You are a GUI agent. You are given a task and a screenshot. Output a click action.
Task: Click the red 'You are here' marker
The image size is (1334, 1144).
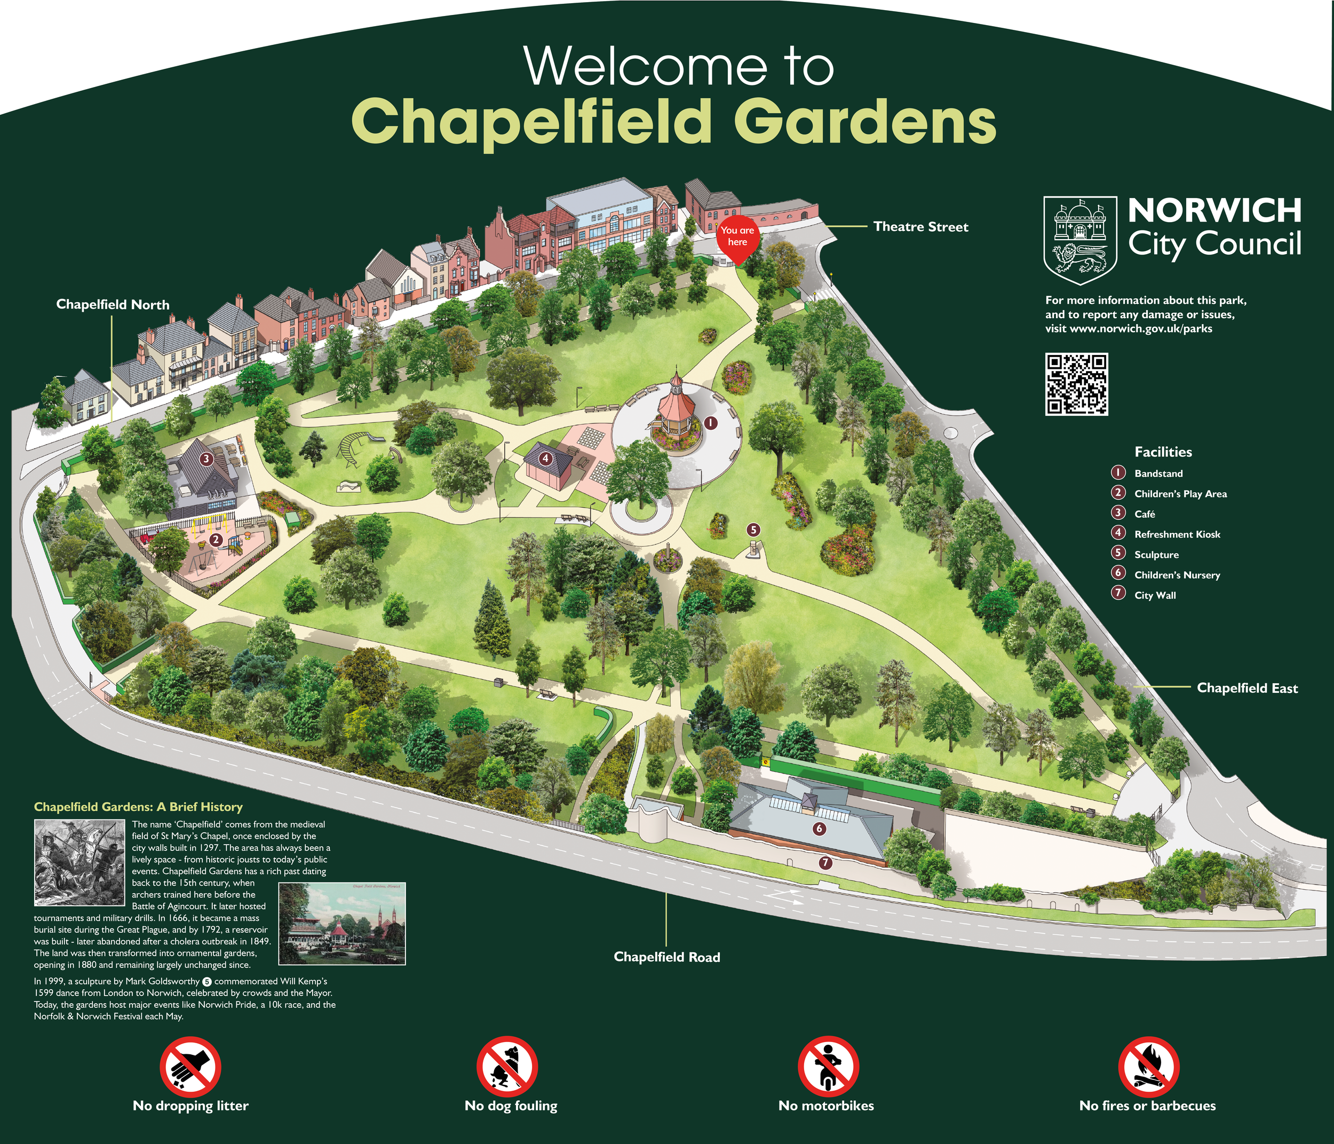coord(737,238)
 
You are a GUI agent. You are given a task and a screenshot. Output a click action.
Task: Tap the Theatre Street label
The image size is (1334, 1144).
coord(920,227)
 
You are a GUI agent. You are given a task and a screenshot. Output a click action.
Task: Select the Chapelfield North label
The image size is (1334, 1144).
coord(113,305)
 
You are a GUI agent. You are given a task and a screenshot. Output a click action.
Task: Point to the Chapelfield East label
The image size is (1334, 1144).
coord(1246,688)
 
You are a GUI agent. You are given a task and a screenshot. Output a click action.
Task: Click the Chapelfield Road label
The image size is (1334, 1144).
coord(666,957)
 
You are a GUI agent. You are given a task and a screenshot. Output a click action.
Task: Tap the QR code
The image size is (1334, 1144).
coord(1076,384)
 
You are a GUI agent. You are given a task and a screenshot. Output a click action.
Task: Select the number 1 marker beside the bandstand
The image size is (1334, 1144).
coord(710,423)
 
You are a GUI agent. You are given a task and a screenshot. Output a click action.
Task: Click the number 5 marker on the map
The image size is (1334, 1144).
coord(753,530)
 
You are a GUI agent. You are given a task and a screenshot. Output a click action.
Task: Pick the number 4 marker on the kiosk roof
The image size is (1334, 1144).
coord(545,459)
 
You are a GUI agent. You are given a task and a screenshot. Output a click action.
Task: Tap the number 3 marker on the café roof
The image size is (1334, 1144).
coord(206,459)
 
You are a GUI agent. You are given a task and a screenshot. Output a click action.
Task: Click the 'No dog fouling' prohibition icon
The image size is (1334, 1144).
coord(507,1066)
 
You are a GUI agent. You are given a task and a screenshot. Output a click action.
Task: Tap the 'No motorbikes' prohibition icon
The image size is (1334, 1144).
coord(828,1066)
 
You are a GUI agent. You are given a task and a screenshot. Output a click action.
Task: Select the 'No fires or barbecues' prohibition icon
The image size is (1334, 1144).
coord(1148,1066)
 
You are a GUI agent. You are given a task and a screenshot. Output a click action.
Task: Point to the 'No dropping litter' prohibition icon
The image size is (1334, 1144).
coord(190,1066)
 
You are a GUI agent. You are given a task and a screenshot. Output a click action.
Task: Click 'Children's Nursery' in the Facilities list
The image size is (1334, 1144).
coord(1176,575)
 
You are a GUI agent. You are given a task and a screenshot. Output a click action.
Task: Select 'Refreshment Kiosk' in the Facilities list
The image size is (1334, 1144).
coord(1176,534)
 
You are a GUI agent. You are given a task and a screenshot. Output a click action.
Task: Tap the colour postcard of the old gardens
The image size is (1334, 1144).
coord(342,923)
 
